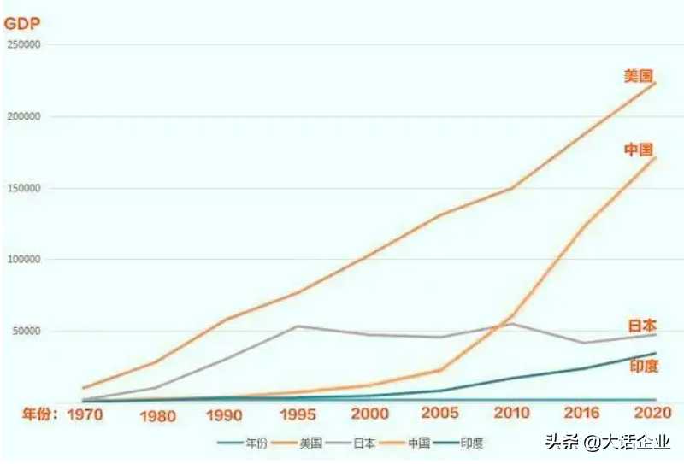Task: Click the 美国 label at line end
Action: pyautogui.click(x=639, y=76)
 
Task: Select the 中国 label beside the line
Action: pyautogui.click(x=639, y=150)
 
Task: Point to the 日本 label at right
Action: pyautogui.click(x=641, y=326)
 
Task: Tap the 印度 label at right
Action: pyautogui.click(x=643, y=366)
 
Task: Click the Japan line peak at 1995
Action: pyautogui.click(x=296, y=326)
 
